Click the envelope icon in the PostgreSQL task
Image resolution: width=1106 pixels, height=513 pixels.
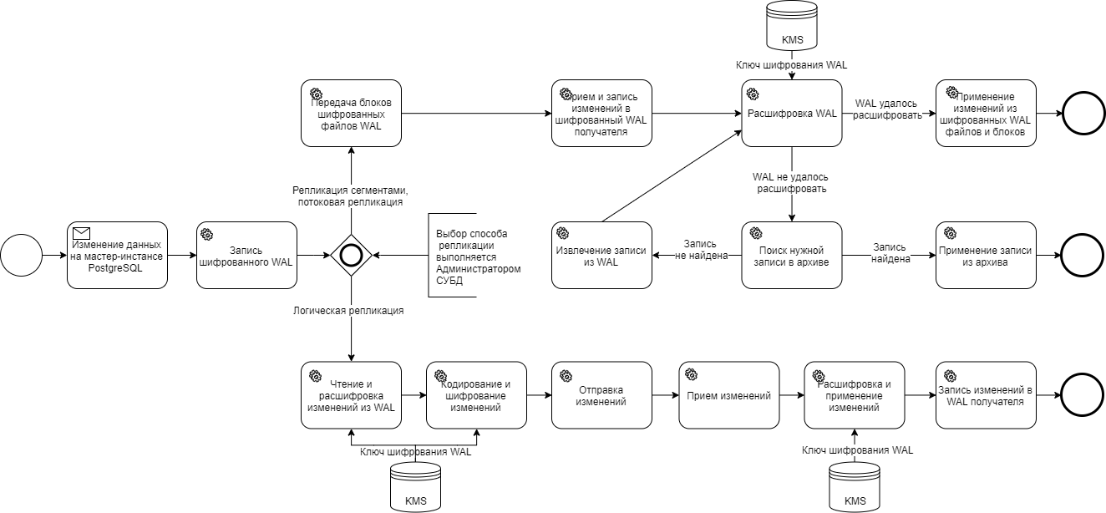[x=82, y=233]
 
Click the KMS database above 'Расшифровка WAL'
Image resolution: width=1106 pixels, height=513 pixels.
[x=791, y=25]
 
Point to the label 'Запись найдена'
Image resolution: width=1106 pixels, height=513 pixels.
[x=890, y=253]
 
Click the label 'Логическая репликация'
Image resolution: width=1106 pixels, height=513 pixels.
[x=348, y=311]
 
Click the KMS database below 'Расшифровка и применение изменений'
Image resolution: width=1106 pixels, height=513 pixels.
[x=855, y=487]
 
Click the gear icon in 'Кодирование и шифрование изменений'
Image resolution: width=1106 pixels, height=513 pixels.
[x=440, y=376]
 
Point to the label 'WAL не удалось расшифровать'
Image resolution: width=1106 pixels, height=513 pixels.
[x=791, y=183]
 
